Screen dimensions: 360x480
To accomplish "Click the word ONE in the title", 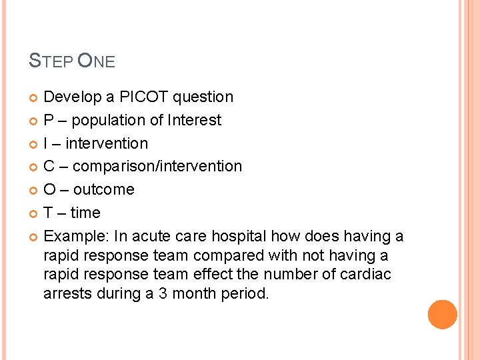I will (x=97, y=62).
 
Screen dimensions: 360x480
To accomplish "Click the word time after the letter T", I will (x=85, y=213).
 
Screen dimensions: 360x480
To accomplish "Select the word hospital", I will (x=239, y=236).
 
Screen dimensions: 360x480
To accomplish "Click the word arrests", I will (x=67, y=293).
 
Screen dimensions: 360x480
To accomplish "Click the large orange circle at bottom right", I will (x=443, y=315).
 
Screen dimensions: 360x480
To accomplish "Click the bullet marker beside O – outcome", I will (x=35, y=190).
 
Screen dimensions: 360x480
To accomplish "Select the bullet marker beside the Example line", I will (x=35, y=237).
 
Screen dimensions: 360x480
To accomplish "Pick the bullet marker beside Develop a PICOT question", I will (x=35, y=98).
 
